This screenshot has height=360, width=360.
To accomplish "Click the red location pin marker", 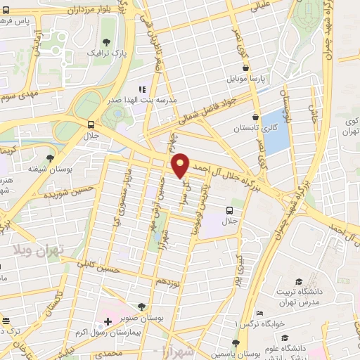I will pos(181,165).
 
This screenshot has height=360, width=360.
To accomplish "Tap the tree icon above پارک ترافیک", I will pos(107,40).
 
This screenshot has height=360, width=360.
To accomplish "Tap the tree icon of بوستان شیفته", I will pos(49,157).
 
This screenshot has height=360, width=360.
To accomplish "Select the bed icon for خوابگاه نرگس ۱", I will pos(260,314).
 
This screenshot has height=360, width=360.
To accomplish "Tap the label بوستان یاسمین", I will pos(255,349).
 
